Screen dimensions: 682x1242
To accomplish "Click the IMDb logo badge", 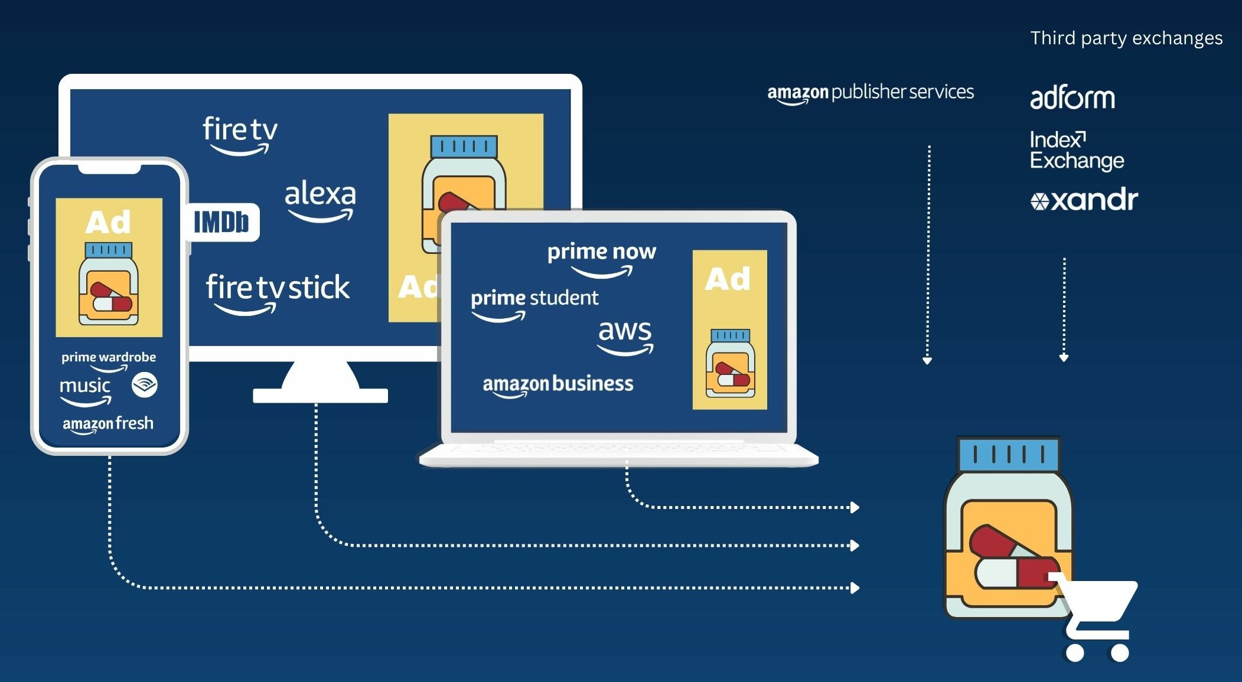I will [221, 223].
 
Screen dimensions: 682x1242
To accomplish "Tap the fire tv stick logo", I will [277, 289].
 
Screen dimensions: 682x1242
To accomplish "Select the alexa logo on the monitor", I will [320, 200].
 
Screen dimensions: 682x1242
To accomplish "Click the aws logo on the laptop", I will [625, 335].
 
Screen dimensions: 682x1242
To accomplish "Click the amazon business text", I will [558, 384].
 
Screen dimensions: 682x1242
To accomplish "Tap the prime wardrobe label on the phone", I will [109, 358].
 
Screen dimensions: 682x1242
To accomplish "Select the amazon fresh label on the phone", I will [108, 424].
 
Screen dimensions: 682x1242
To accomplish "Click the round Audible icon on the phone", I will [145, 385].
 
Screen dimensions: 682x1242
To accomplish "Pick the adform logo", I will [1072, 98].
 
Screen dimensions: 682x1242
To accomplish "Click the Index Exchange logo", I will [1076, 151].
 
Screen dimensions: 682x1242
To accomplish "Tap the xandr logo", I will [1084, 200].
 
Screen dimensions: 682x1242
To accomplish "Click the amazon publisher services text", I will [870, 93].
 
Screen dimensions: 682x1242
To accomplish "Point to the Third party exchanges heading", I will [1126, 38].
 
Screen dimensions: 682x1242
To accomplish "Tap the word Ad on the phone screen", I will [108, 223].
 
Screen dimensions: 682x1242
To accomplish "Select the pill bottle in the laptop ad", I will [730, 363].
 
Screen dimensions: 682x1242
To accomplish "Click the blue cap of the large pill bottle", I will [1009, 455].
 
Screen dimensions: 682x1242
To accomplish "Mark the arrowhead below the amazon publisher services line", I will [927, 360].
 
